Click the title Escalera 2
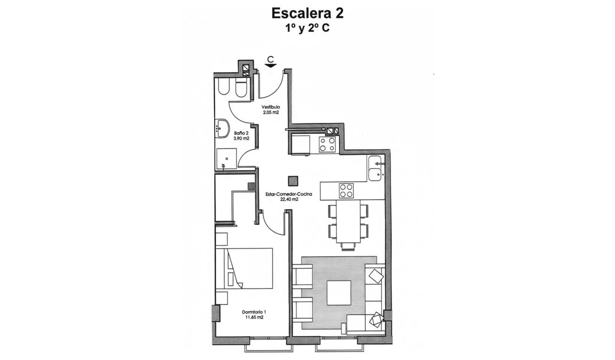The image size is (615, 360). (x=307, y=13)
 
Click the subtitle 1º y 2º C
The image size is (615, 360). (x=307, y=28)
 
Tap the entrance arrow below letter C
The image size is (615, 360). (x=270, y=66)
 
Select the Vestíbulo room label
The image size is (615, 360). (x=270, y=107)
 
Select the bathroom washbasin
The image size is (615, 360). (x=223, y=127)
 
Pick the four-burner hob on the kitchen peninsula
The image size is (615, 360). (x=347, y=191)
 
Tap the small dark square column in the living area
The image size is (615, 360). (x=293, y=180)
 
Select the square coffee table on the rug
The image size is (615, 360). (x=338, y=293)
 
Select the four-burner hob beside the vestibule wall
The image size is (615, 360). (x=327, y=144)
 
